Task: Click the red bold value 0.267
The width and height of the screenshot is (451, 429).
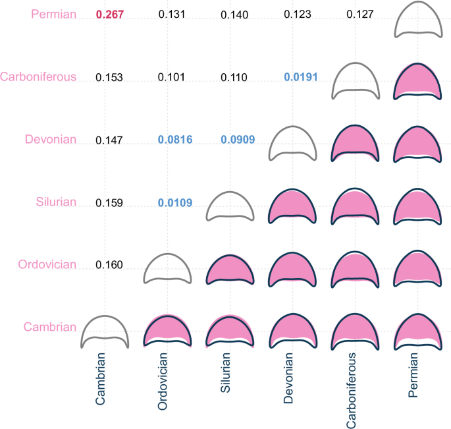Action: click(109, 14)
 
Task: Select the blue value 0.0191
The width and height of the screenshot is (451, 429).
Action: click(301, 77)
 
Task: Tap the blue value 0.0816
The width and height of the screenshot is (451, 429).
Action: click(176, 140)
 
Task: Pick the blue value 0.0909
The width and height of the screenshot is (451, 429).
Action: click(237, 140)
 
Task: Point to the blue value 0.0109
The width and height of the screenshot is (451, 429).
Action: click(176, 202)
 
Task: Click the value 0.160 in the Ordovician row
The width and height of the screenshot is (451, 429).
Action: click(109, 265)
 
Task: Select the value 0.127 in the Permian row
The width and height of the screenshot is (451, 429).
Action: click(359, 14)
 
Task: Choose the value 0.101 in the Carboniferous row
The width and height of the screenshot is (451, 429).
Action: click(171, 77)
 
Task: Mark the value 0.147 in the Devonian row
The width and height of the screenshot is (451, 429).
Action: click(109, 140)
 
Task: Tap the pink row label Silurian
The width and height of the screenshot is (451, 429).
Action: click(55, 202)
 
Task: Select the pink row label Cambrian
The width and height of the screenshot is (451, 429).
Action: click(50, 327)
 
